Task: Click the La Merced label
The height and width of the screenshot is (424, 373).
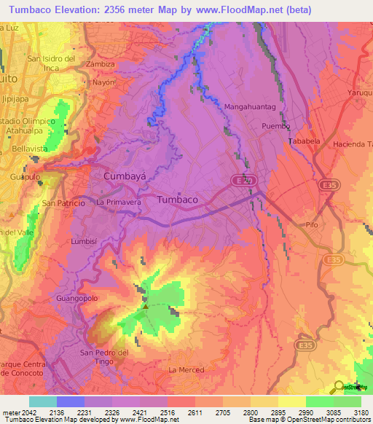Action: pyautogui.click(x=186, y=370)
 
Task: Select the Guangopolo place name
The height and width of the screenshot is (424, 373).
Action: pyautogui.click(x=75, y=299)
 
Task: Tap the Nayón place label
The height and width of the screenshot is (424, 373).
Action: pyautogui.click(x=103, y=83)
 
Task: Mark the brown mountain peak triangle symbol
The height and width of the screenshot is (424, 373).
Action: pyautogui.click(x=145, y=307)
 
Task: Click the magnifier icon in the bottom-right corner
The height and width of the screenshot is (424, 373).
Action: pyautogui.click(x=339, y=386)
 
